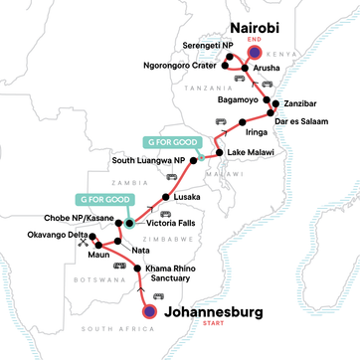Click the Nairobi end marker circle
[x=256, y=54]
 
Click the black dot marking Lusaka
[x=164, y=196]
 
